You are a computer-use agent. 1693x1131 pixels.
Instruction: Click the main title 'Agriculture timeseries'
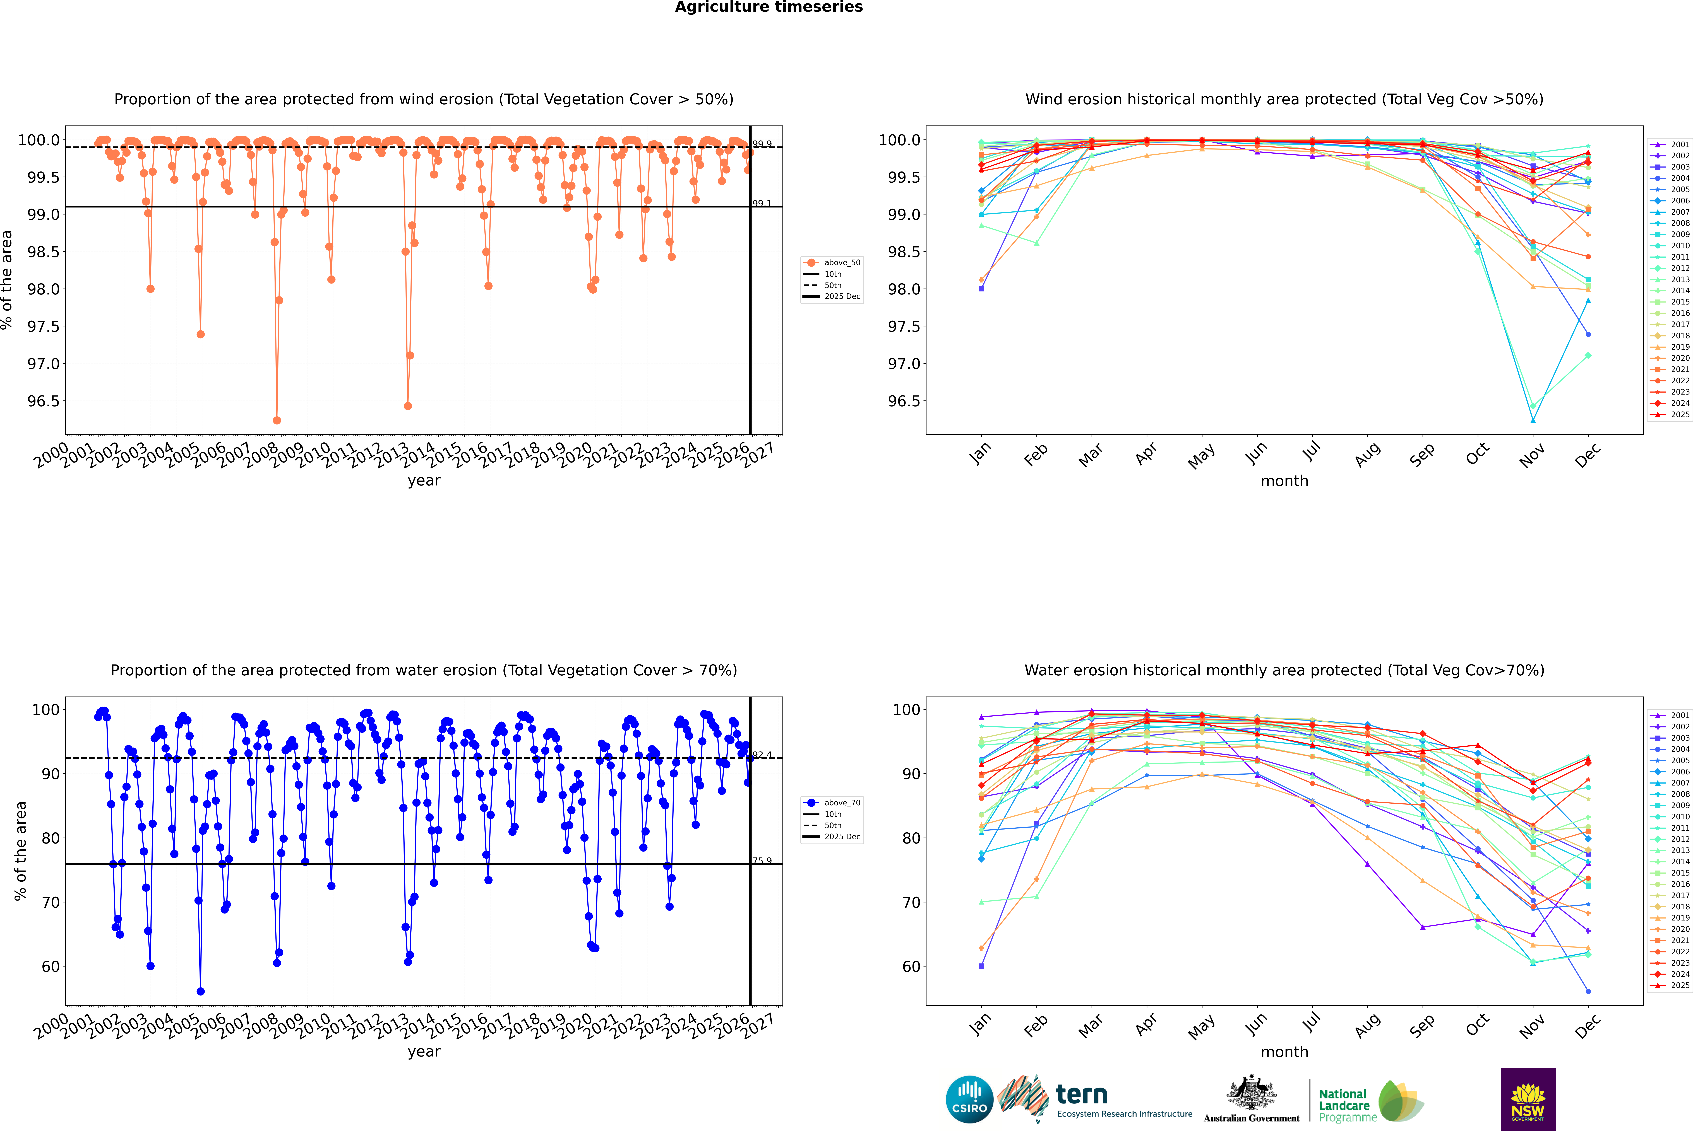tap(769, 7)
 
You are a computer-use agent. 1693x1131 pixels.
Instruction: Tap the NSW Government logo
tap(1528, 1099)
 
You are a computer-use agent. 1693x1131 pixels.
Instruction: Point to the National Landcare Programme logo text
tap(1344, 1105)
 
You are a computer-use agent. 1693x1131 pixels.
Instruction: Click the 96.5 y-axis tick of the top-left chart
tap(43, 401)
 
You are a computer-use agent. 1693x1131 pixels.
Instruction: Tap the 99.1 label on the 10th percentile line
tap(761, 203)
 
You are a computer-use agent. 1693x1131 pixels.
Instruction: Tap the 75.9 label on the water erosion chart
tap(761, 861)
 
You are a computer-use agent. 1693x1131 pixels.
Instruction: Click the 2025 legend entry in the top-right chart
tap(1679, 415)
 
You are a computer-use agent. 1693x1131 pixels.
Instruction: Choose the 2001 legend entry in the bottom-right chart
tap(1679, 716)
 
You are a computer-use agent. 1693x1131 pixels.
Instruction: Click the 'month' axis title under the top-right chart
tap(1284, 481)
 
